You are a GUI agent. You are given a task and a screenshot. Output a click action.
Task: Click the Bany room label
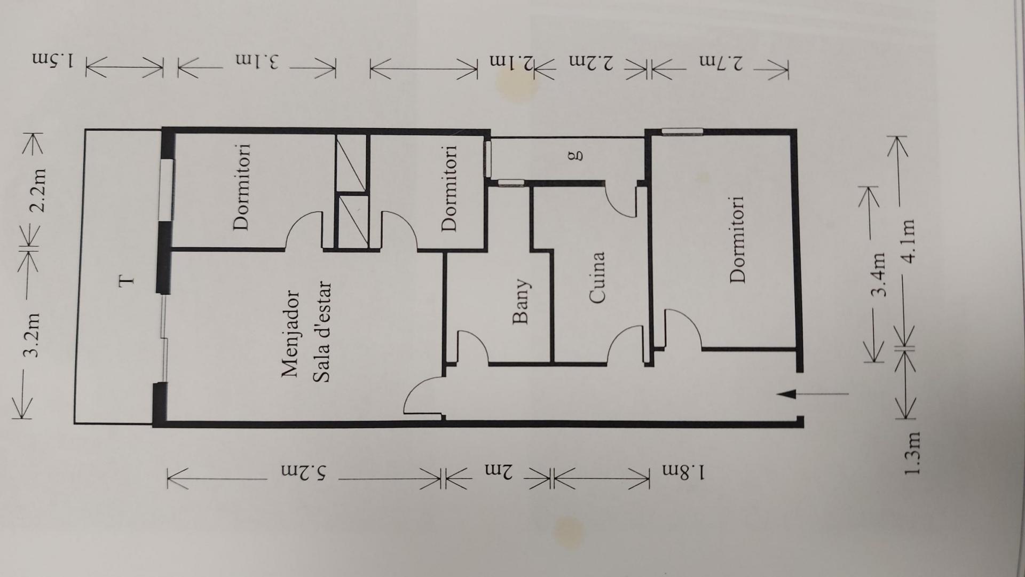[520, 301]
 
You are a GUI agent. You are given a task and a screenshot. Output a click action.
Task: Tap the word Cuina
[598, 278]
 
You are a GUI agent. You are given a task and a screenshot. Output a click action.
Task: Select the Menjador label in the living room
[291, 334]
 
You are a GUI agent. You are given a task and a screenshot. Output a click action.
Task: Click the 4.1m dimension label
[908, 240]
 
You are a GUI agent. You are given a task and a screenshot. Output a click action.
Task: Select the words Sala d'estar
[322, 331]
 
